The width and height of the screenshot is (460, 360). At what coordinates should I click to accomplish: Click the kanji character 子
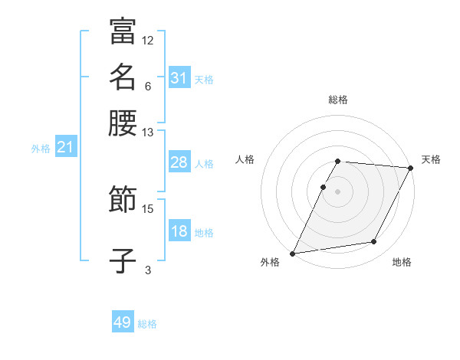[123, 260]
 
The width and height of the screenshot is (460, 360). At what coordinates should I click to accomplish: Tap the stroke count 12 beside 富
[148, 40]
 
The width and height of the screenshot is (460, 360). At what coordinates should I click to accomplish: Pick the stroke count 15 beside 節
[148, 208]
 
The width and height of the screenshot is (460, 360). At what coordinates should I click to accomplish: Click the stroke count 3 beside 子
[148, 270]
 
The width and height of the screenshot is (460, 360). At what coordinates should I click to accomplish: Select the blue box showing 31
[179, 78]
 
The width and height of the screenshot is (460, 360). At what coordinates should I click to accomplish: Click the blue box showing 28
[179, 162]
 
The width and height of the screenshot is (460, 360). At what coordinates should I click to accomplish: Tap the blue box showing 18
[179, 231]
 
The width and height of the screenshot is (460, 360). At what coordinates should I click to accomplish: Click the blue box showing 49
[123, 322]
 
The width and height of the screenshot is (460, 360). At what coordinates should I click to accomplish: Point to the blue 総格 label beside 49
[148, 324]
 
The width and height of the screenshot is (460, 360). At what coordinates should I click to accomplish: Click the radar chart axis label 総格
[338, 100]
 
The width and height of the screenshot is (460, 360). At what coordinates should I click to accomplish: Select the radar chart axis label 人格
[245, 159]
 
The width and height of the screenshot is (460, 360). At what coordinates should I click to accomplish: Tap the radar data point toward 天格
[412, 168]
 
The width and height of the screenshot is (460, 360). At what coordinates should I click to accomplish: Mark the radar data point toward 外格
[293, 254]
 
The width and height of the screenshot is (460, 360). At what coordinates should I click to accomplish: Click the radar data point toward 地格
[374, 242]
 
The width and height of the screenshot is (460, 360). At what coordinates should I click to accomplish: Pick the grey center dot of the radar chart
[338, 191]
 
